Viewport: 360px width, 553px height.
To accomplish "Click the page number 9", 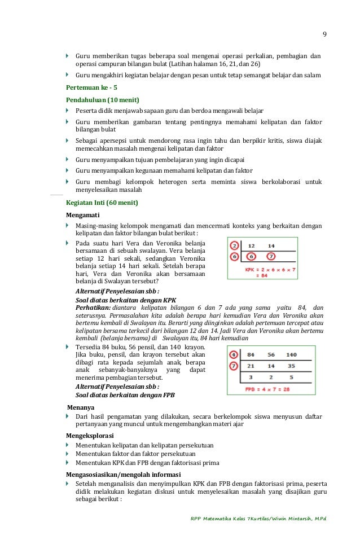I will (324, 33).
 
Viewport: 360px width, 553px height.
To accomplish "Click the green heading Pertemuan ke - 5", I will (91, 87).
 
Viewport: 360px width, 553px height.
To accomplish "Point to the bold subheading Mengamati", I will (85, 215).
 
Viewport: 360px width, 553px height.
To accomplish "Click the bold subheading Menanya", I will (81, 406).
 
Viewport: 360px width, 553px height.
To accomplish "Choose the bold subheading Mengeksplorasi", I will (90, 435).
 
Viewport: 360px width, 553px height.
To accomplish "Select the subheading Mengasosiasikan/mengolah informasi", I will (123, 474).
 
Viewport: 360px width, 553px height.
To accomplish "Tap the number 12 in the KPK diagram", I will (252, 245).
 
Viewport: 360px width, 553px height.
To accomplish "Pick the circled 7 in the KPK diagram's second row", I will (271, 257).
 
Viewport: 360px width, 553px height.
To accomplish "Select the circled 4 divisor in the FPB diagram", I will (234, 355).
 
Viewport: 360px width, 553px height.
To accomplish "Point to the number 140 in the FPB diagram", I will (291, 355).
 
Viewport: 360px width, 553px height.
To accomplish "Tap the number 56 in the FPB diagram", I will (271, 355).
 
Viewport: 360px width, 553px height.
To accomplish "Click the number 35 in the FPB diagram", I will (291, 366).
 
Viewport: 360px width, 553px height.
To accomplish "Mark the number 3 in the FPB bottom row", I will (251, 377).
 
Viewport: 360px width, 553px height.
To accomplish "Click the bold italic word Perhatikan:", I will (93, 308).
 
